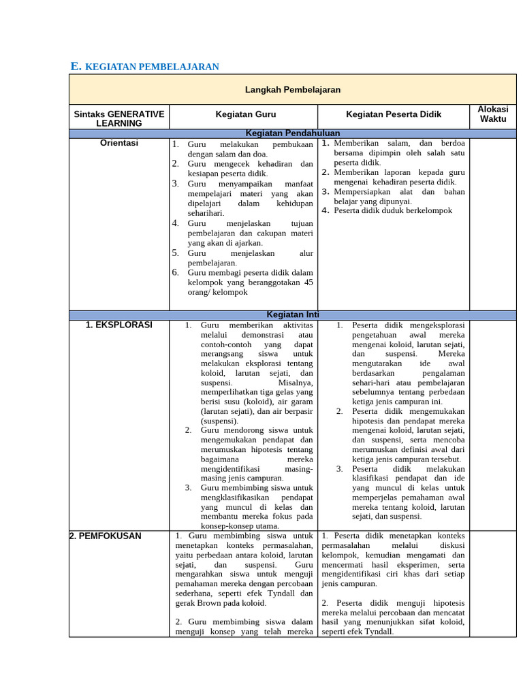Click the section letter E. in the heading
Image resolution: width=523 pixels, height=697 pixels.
click(76, 66)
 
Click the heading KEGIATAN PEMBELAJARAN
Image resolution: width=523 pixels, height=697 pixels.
click(152, 67)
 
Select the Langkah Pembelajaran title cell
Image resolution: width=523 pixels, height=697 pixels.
click(292, 90)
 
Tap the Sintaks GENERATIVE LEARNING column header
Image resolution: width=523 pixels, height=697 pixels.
click(119, 118)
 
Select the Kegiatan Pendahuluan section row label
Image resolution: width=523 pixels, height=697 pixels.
click(293, 133)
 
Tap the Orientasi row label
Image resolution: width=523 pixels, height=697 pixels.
click(119, 144)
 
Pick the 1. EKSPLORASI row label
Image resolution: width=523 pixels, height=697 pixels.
click(119, 325)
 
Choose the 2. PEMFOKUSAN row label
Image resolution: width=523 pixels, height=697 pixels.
click(106, 536)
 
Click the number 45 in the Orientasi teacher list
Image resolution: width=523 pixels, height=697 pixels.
click(308, 282)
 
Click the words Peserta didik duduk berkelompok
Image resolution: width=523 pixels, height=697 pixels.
click(393, 210)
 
